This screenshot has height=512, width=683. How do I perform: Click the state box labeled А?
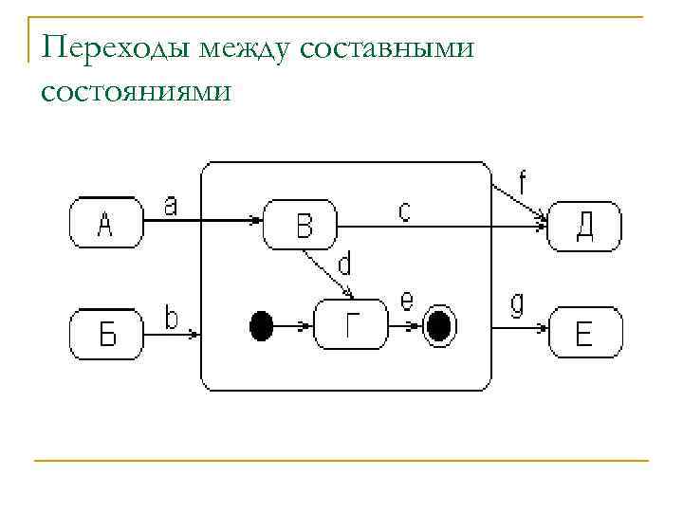tap(105, 225)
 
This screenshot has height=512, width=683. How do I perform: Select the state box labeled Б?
tap(105, 333)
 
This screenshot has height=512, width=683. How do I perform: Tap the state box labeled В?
tap(301, 225)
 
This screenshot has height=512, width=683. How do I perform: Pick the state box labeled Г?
tap(351, 326)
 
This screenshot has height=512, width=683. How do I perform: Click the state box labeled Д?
tap(585, 226)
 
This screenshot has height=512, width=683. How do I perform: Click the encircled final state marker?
tap(437, 327)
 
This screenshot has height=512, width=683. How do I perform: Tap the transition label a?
tap(171, 205)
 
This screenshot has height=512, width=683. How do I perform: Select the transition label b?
tap(172, 317)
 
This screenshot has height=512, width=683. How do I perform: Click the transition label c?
tap(404, 210)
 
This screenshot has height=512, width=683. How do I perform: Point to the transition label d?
tap(344, 260)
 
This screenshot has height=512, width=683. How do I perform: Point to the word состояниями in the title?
tap(135, 92)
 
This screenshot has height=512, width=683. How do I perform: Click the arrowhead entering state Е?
tap(545, 329)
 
